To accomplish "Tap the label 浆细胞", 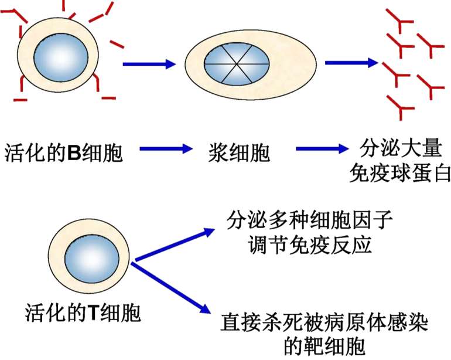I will [239, 152].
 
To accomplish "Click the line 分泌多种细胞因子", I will [309, 221].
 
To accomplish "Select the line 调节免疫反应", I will [309, 245].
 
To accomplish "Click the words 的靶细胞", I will [324, 347].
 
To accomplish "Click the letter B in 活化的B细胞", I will [74, 152].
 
